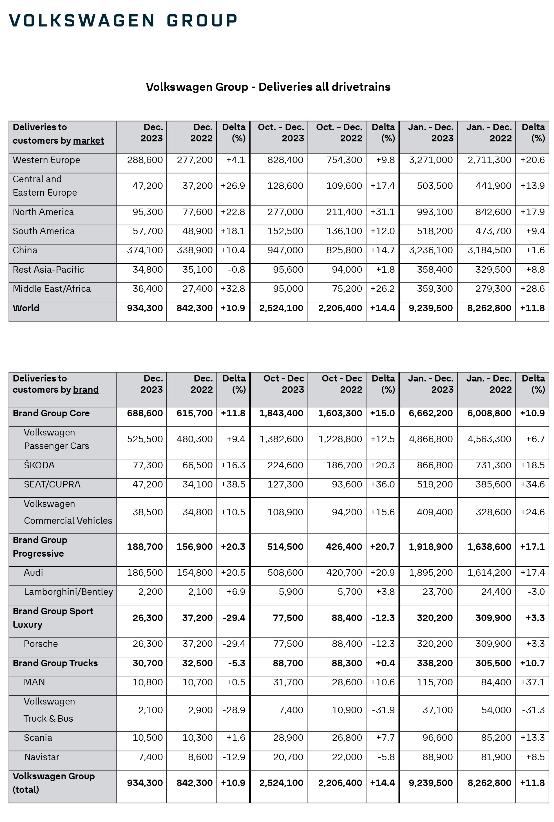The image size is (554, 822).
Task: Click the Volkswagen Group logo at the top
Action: click(123, 21)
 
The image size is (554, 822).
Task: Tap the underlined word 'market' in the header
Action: click(88, 140)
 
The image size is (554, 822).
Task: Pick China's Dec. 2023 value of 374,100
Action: click(145, 250)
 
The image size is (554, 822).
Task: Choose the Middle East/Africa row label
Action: click(52, 289)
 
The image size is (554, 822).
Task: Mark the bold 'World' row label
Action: click(26, 308)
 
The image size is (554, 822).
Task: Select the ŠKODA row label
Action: click(39, 465)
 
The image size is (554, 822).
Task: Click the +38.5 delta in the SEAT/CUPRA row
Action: click(233, 484)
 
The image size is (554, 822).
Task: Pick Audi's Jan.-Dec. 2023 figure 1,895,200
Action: click(431, 572)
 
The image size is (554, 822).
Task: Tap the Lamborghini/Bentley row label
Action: click(68, 592)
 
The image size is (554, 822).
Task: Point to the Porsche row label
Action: click(41, 643)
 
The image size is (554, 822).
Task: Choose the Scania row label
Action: click(38, 737)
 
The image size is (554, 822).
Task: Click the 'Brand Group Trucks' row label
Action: click(55, 663)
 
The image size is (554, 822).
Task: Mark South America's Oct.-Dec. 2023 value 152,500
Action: click(285, 231)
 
